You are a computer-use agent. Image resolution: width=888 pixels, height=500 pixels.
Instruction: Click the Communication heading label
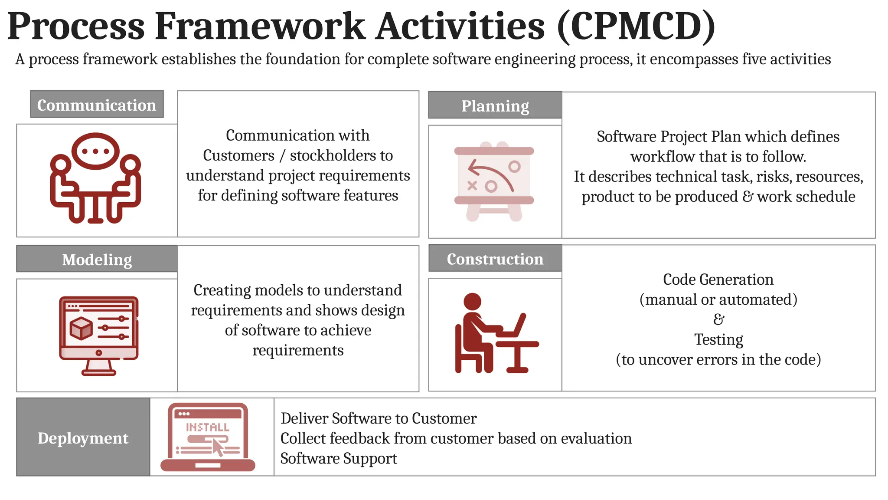(97, 105)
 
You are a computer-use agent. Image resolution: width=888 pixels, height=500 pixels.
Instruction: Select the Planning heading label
(495, 105)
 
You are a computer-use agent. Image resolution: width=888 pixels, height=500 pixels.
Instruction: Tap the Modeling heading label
(97, 259)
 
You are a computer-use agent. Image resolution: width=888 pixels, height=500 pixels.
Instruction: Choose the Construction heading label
(495, 259)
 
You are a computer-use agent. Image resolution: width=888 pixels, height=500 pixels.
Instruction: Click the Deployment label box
(83, 437)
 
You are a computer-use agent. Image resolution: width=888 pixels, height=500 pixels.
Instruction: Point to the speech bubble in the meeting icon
(95, 151)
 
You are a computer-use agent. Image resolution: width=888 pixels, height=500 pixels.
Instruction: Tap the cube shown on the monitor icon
(81, 328)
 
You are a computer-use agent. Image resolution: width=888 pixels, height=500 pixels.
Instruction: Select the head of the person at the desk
(472, 302)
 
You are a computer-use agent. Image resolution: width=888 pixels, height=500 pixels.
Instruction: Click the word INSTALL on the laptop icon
(207, 428)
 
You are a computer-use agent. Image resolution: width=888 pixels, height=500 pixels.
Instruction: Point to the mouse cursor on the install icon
(218, 447)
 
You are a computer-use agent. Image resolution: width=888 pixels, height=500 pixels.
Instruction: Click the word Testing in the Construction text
(718, 339)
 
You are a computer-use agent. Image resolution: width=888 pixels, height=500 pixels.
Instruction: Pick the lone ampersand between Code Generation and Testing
(718, 319)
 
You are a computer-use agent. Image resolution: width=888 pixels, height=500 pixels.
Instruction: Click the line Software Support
(339, 458)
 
